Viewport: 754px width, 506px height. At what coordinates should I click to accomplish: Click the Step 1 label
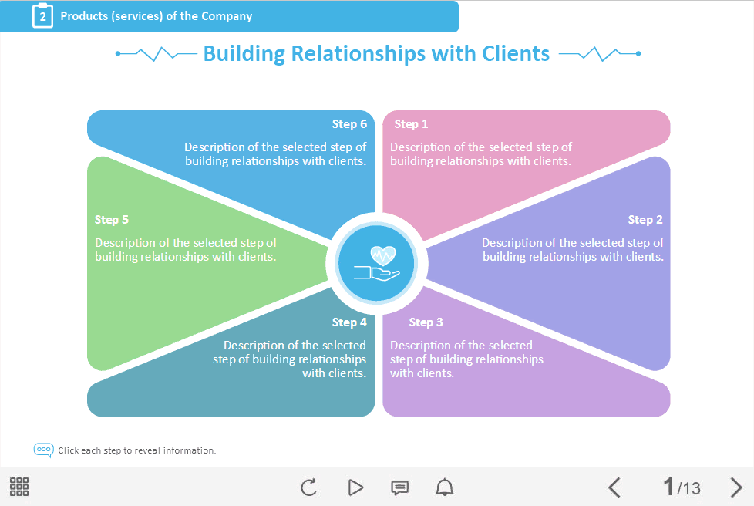click(x=411, y=124)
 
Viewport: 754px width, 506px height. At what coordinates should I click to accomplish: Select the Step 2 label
click(x=645, y=220)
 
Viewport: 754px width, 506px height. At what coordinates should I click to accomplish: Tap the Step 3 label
click(x=426, y=322)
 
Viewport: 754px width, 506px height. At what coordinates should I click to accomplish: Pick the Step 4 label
click(x=349, y=322)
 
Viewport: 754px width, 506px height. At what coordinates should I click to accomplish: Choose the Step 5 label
click(x=112, y=220)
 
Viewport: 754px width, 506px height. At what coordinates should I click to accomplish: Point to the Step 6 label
click(x=349, y=124)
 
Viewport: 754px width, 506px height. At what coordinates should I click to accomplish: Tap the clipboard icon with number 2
click(x=42, y=15)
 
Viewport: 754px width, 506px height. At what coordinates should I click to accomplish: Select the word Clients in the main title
click(x=516, y=53)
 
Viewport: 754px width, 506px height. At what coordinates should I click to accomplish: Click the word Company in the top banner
click(x=227, y=16)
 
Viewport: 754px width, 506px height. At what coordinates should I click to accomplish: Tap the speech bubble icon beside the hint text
click(x=44, y=450)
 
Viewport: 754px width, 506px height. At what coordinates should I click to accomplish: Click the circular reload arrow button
click(x=308, y=487)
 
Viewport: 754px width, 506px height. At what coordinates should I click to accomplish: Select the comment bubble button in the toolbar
click(x=399, y=487)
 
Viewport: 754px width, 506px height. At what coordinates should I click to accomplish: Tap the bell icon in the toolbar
click(x=445, y=487)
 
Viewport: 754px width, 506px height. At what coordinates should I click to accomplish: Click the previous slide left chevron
click(x=614, y=487)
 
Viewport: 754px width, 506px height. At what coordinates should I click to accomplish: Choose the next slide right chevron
click(x=736, y=487)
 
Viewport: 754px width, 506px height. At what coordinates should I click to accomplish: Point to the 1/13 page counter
click(x=682, y=487)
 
